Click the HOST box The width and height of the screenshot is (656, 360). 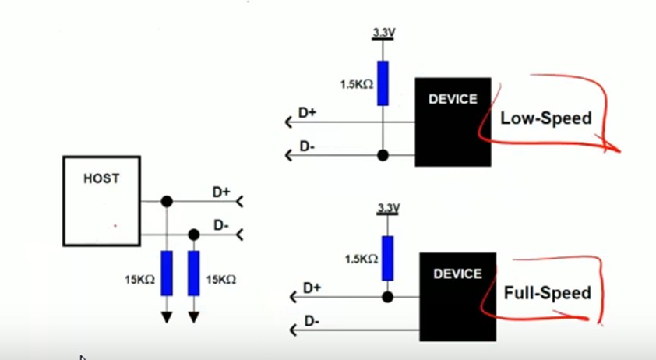101,201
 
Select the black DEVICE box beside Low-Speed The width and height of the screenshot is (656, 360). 453,122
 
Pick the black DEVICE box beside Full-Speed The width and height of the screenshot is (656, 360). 457,297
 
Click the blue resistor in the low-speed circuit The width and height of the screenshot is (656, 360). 383,83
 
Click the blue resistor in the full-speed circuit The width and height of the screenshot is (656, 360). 387,256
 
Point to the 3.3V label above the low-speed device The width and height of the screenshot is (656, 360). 383,34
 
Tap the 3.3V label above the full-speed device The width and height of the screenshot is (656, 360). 387,208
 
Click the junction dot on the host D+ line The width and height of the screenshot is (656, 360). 166,202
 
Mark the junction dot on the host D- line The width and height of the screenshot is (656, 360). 194,234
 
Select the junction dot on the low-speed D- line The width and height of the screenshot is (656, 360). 383,154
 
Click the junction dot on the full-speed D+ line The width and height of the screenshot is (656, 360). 387,297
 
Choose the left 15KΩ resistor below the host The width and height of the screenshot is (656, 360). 166,273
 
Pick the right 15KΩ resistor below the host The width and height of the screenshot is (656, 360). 194,273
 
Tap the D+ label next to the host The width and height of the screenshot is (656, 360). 221,191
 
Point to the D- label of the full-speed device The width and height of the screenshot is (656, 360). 312,321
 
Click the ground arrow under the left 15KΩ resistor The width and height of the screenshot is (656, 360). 166,316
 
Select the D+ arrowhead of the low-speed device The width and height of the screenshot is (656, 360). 290,122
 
